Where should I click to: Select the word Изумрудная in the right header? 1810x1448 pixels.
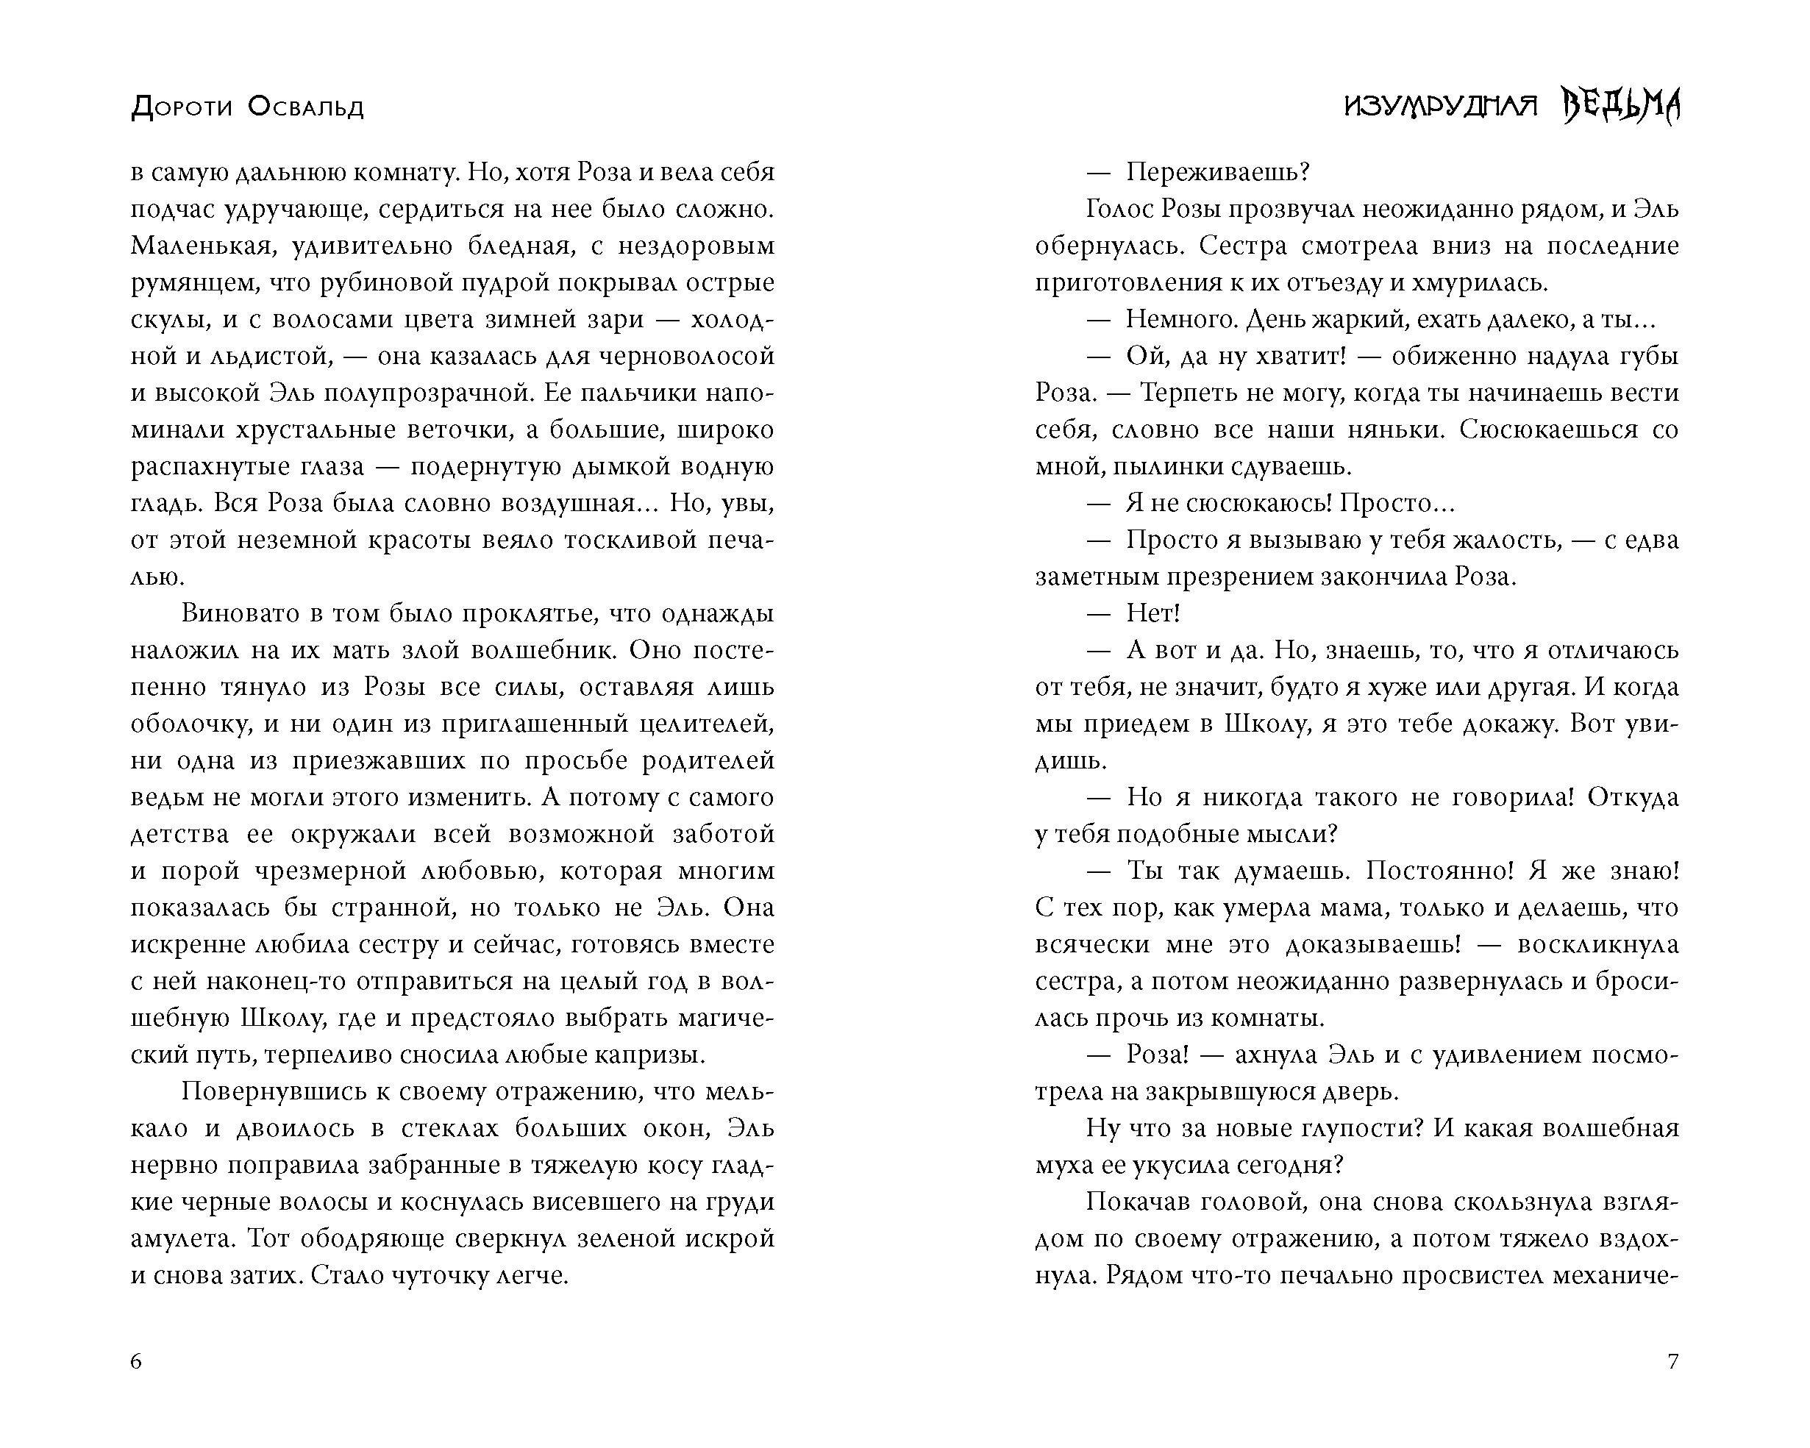(1440, 107)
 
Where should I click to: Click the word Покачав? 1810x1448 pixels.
(1138, 1202)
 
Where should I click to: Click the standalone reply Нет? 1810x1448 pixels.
(1153, 613)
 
